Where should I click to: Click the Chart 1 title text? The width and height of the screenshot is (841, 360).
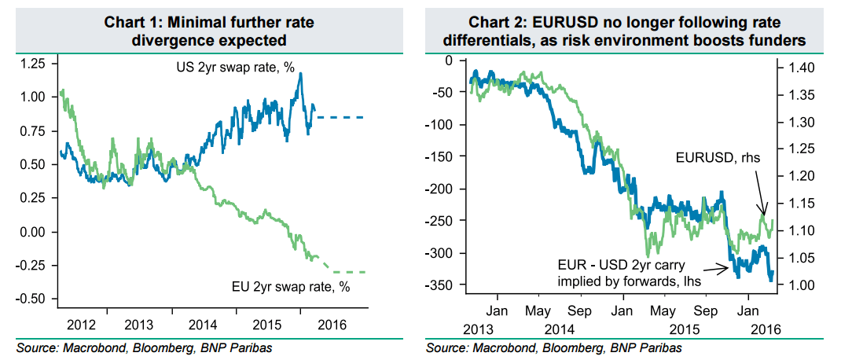point(208,31)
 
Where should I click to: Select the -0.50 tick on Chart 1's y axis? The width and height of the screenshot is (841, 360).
point(34,299)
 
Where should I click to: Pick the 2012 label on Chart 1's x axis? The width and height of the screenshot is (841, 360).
point(83,324)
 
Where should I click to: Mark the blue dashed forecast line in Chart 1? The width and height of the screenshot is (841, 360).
point(342,117)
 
